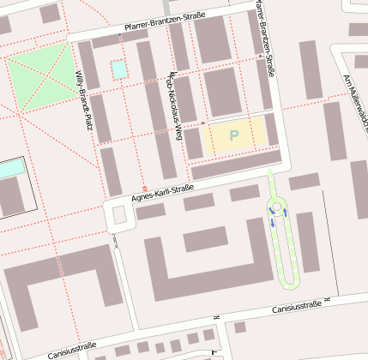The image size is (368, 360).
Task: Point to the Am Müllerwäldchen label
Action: [354, 103]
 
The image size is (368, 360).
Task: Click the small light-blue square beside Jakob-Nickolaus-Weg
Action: [119, 69]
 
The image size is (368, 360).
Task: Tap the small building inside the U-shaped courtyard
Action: [205, 239]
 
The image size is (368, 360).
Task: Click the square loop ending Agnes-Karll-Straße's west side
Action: [119, 216]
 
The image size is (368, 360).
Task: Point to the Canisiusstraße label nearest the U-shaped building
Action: [297, 306]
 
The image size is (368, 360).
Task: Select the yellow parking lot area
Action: [234, 135]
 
